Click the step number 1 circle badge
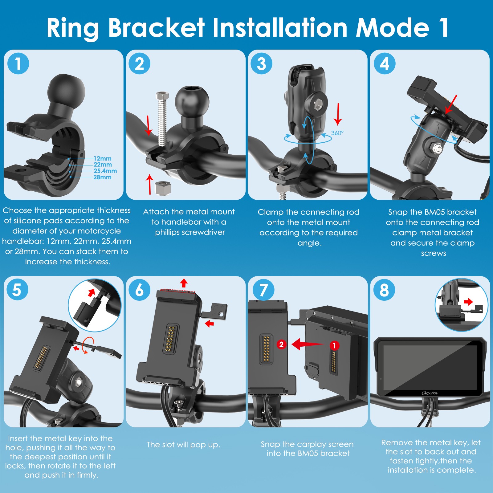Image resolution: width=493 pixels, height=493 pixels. pos(18,64)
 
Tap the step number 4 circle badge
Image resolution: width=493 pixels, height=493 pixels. pos(385,64)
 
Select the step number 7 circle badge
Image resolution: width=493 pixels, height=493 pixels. pos(263,290)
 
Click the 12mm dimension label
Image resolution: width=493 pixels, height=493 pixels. pos(103,158)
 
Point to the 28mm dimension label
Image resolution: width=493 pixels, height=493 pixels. pos(103,177)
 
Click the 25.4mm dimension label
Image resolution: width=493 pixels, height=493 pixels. pos(105,171)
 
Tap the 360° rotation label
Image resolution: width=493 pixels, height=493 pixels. pos(337,133)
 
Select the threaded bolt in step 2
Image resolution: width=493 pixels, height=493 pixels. pos(162,119)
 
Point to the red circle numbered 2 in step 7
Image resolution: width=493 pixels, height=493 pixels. pos(281,344)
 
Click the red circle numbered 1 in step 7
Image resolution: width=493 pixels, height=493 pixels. pos(334,345)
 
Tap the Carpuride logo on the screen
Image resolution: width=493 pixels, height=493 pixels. pos(430,393)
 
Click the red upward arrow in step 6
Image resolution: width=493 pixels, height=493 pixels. pos(184,283)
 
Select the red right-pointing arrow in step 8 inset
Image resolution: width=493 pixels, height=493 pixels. pos(468,302)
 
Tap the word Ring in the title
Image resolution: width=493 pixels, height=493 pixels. pos(73,28)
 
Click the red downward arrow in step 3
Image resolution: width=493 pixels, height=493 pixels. pos(338,114)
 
